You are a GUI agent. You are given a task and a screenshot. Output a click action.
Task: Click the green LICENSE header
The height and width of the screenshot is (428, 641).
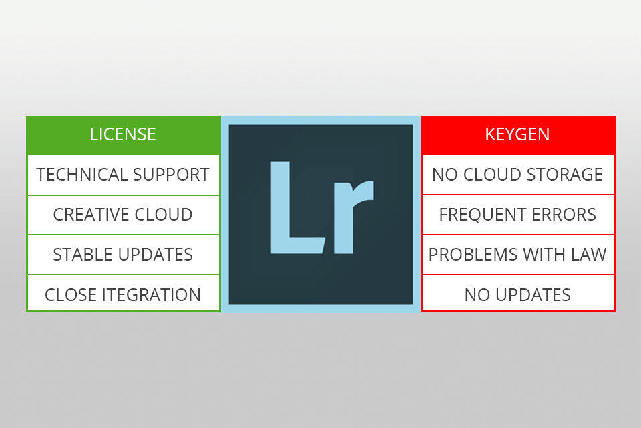(123, 134)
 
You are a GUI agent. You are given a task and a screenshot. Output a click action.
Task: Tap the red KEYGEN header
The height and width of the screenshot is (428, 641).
(517, 134)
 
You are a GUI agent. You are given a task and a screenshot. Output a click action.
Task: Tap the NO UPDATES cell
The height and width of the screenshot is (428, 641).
(517, 295)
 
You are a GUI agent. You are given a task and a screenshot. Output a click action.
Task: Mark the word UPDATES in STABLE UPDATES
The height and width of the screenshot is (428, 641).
(157, 255)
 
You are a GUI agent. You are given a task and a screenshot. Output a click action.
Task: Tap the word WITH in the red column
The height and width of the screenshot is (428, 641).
(542, 255)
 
